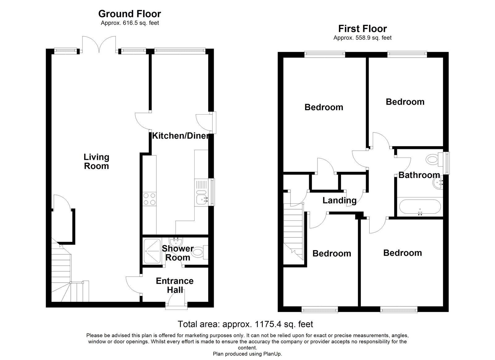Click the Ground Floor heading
(130, 14)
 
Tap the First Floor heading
(363, 29)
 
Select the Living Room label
(96, 162)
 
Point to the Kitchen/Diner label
(180, 136)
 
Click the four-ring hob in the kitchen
(149, 199)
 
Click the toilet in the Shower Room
(199, 252)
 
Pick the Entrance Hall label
(175, 285)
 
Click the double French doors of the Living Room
(99, 45)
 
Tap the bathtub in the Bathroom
(420, 207)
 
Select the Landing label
(339, 201)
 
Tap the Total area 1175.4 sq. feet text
(245, 324)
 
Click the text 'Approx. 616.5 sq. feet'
(130, 23)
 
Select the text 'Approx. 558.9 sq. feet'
(362, 38)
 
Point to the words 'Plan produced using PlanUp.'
(247, 354)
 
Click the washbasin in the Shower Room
(176, 241)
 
